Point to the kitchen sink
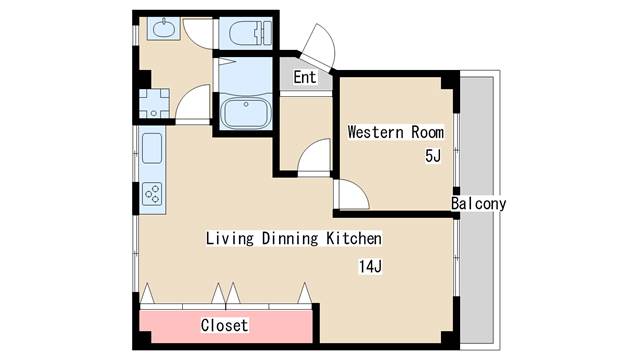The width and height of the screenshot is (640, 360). pyautogui.click(x=153, y=149)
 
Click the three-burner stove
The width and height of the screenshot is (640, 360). pyautogui.click(x=153, y=191)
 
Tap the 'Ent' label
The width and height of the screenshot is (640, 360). pyautogui.click(x=305, y=78)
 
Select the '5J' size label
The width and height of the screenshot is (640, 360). pyautogui.click(x=432, y=156)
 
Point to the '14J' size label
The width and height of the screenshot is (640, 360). pyautogui.click(x=371, y=266)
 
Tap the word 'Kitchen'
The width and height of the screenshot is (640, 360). pyautogui.click(x=354, y=239)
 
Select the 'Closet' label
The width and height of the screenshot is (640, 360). pyautogui.click(x=224, y=326)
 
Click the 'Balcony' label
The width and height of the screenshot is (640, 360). pyautogui.click(x=478, y=204)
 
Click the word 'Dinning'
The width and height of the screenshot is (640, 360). pyautogui.click(x=291, y=239)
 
